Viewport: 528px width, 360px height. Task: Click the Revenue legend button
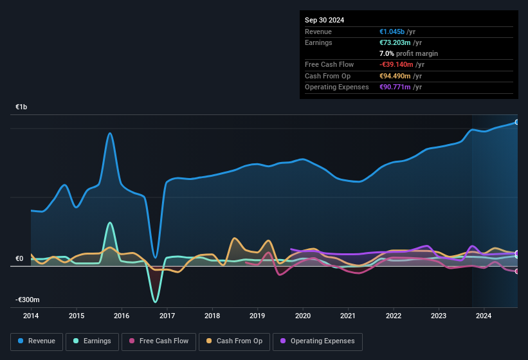coord(37,341)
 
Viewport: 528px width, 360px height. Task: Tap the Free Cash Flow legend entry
coord(158,341)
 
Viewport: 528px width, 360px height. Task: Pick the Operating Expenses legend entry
coord(317,341)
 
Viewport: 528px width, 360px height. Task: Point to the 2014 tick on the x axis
coord(31,316)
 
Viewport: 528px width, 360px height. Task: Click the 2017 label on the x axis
coord(167,316)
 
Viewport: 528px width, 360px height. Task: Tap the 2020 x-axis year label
coord(302,316)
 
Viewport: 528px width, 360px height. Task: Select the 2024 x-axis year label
coord(484,316)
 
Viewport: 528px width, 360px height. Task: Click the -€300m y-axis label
coord(28,300)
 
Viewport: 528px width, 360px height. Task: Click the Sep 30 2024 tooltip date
coord(324,20)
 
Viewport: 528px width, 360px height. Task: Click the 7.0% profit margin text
coord(408,53)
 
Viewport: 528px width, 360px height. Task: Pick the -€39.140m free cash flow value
coord(397,64)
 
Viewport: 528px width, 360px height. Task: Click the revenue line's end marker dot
coord(516,122)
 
